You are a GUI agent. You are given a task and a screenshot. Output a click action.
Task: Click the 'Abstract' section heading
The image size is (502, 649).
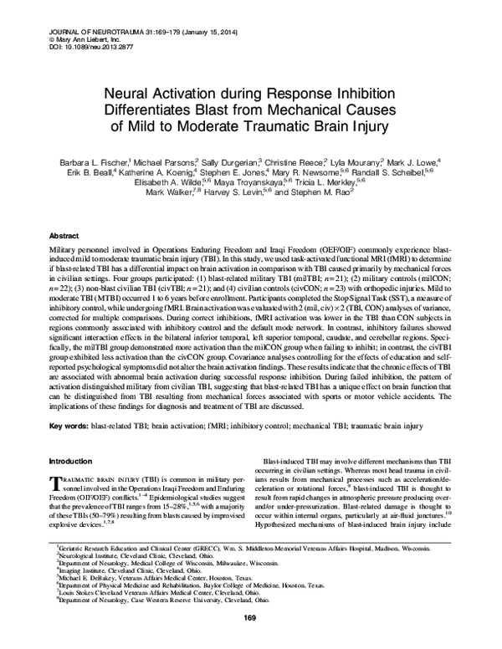[65, 237]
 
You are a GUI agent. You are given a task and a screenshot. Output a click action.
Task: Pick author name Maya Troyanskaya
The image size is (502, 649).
[249, 181]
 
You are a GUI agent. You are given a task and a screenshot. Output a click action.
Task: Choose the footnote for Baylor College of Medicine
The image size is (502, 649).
[200, 608]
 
